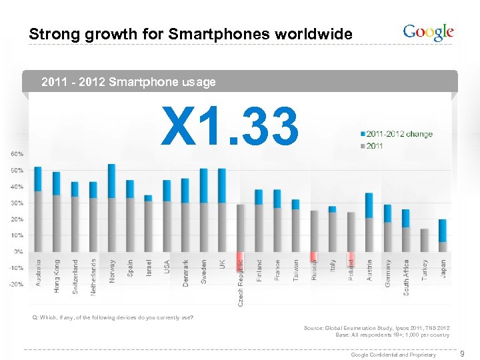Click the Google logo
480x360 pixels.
[428, 32]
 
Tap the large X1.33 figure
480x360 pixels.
[230, 127]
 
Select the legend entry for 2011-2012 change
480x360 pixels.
[396, 134]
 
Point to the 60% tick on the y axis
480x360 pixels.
[17, 154]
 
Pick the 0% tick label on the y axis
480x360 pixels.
[19, 251]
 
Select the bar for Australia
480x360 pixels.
[38, 209]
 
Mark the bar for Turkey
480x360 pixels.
[425, 240]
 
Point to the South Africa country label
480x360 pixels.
[406, 277]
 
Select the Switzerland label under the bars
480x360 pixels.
[75, 276]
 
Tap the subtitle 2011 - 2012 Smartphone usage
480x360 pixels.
[129, 83]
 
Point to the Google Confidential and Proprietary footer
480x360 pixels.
[393, 355]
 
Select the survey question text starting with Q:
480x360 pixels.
[113, 317]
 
